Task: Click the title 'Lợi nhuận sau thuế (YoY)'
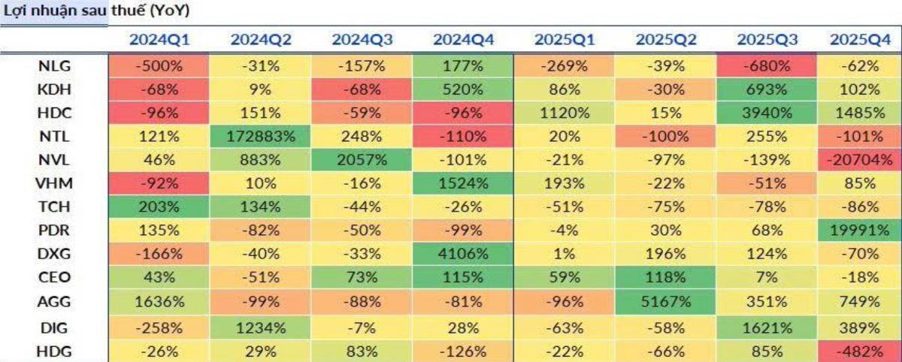point(97,11)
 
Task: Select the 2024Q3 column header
point(362,39)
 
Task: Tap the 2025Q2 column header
point(666,39)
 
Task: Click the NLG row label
point(54,66)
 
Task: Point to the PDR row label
point(54,231)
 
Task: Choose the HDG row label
point(54,351)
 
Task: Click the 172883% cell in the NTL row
point(261,137)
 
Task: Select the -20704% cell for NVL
point(859,160)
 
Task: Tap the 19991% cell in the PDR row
point(859,231)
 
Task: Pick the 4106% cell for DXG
point(463,254)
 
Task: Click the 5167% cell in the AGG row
point(666,302)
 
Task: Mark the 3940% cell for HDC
point(767,113)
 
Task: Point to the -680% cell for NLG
point(767,66)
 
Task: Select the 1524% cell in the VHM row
point(463,183)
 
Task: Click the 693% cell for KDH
point(767,89)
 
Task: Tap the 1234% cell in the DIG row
point(261,328)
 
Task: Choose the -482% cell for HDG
point(859,351)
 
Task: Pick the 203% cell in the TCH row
point(159,207)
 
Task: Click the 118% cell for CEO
point(666,277)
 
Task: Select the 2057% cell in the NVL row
point(362,160)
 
